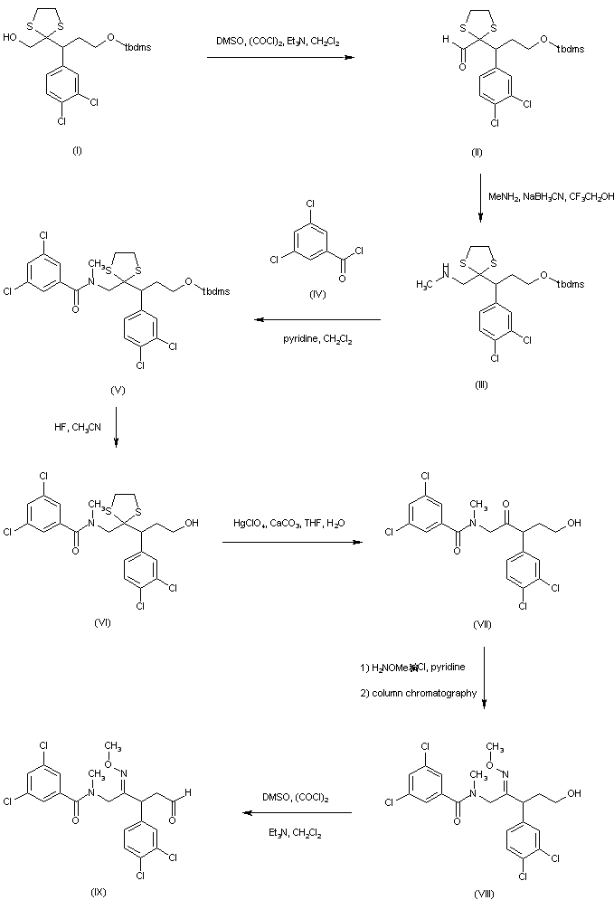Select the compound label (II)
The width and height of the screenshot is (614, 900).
pyautogui.click(x=477, y=151)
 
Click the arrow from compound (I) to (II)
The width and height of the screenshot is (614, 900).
pyautogui.click(x=279, y=59)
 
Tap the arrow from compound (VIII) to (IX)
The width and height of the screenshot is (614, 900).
pyautogui.click(x=295, y=813)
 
